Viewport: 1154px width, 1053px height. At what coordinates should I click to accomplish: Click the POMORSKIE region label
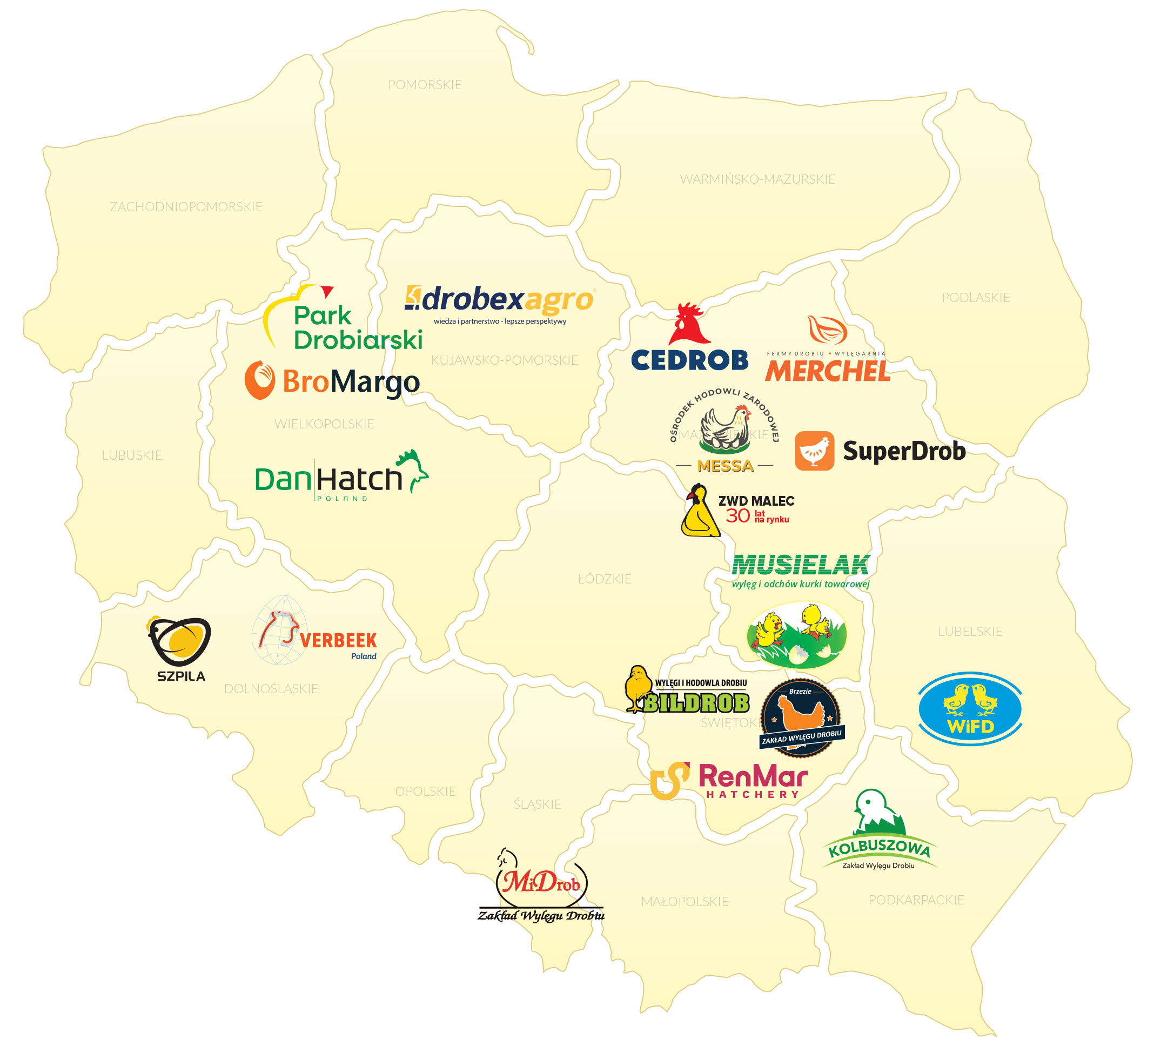[x=425, y=85]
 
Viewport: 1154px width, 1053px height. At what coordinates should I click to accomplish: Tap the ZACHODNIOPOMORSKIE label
[x=186, y=206]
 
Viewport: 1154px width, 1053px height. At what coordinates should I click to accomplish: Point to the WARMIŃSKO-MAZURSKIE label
[x=757, y=179]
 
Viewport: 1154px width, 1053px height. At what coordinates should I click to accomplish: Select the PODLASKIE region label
[x=975, y=298]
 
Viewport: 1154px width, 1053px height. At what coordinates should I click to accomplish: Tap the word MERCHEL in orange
[x=828, y=371]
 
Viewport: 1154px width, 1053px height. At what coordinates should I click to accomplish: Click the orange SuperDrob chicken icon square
[x=814, y=451]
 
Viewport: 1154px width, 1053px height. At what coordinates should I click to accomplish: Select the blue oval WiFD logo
[x=970, y=708]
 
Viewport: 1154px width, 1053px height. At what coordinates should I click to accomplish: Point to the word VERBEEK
[x=338, y=640]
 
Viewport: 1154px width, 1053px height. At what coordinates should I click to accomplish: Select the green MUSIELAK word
[x=801, y=566]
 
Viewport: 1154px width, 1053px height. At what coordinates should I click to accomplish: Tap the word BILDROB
[x=696, y=703]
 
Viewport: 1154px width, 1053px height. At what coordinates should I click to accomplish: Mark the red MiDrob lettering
[x=540, y=883]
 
